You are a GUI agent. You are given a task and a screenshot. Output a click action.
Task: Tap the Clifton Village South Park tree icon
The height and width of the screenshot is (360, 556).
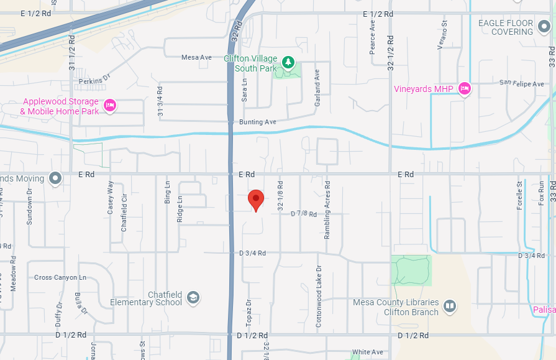point(288,62)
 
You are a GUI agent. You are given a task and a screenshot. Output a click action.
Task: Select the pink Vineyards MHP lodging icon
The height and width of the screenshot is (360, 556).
point(464,89)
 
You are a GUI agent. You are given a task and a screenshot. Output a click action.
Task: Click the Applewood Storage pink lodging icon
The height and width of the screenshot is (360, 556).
point(110,104)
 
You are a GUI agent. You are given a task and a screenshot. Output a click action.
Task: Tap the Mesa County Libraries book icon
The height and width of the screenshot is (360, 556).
point(449,306)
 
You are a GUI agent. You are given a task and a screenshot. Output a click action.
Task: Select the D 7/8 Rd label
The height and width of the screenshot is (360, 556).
point(304,214)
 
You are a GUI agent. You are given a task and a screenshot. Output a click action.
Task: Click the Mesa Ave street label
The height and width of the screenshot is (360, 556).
point(196,57)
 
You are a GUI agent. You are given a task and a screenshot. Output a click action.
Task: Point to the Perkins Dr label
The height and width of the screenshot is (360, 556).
point(94,79)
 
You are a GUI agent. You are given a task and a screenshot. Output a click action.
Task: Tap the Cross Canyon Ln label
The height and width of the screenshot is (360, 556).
point(60,277)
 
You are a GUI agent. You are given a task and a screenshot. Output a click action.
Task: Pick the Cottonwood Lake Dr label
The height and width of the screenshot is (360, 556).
point(319,288)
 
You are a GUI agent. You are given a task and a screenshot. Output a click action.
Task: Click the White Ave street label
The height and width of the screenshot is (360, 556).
point(368,352)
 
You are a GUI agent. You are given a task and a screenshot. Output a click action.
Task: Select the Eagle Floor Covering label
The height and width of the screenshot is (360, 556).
point(506,27)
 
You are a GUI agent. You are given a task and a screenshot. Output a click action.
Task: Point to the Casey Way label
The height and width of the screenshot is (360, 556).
point(111,198)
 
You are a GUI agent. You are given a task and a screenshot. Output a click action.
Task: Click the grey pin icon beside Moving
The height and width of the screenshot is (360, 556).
point(55,179)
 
